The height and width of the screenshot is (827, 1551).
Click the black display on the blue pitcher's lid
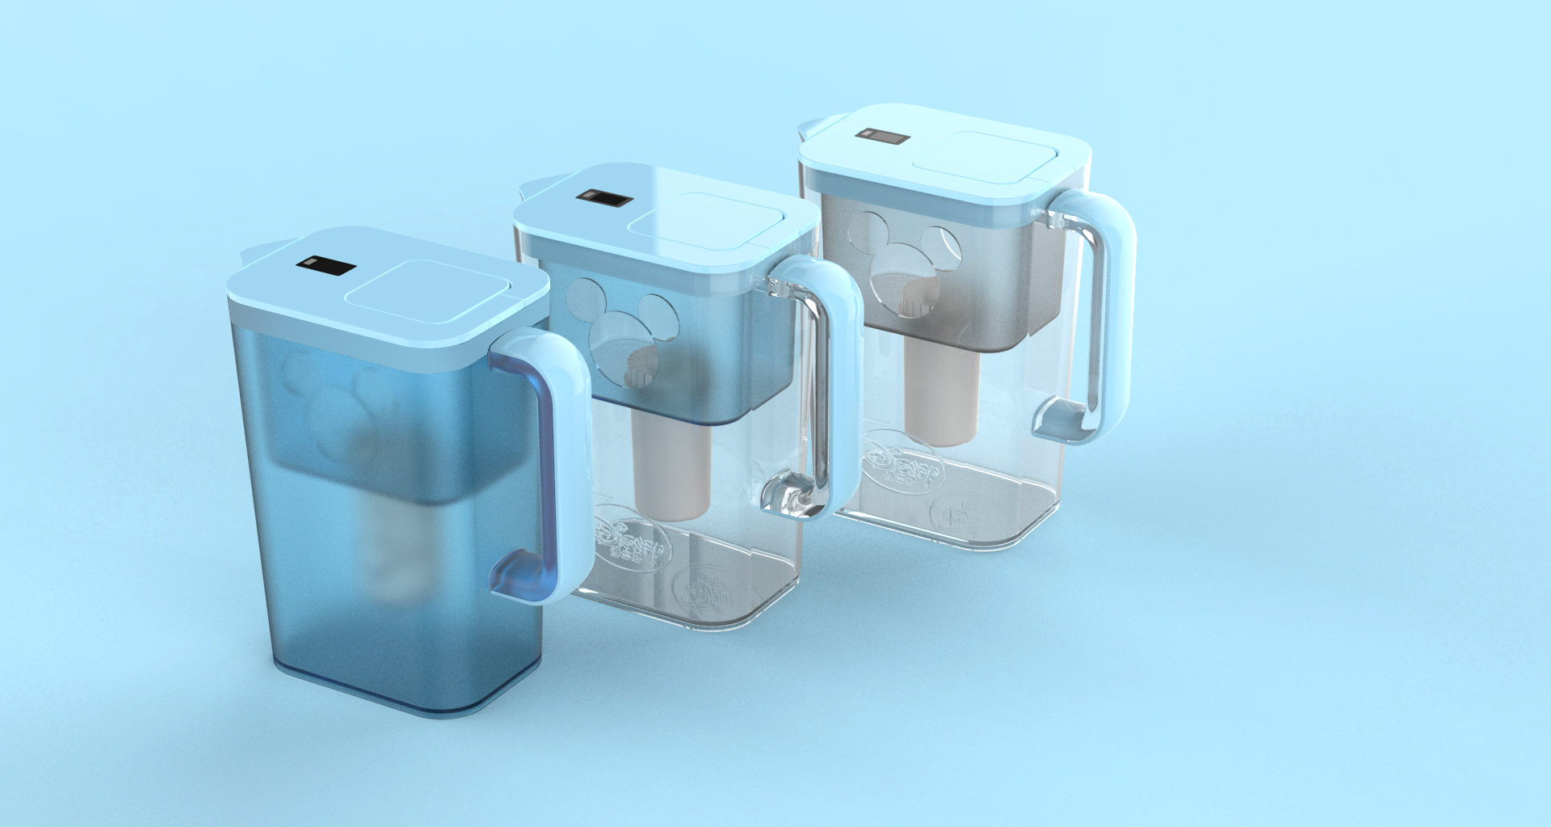click(326, 265)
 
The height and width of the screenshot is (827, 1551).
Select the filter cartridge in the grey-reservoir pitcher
click(942, 396)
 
